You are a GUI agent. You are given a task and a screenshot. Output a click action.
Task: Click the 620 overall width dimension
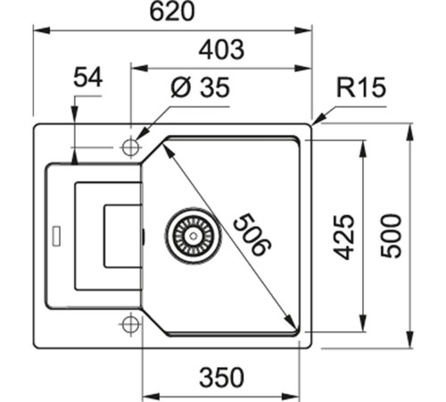click(x=172, y=12)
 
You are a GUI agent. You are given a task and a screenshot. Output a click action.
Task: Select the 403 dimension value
click(x=221, y=49)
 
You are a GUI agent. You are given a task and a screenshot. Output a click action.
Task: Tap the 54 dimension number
click(x=88, y=77)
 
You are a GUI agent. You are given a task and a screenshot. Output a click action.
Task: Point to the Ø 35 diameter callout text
click(x=200, y=88)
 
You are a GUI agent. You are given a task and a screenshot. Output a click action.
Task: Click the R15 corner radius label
click(x=361, y=88)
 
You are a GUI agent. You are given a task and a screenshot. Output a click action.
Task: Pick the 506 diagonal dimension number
click(x=252, y=234)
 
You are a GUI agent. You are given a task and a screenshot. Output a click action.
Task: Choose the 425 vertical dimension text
click(x=343, y=237)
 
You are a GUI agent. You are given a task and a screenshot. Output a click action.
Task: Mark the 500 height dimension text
click(x=392, y=235)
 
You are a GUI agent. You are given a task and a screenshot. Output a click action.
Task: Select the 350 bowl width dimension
click(x=221, y=377)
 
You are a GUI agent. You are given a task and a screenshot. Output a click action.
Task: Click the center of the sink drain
click(x=194, y=236)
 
